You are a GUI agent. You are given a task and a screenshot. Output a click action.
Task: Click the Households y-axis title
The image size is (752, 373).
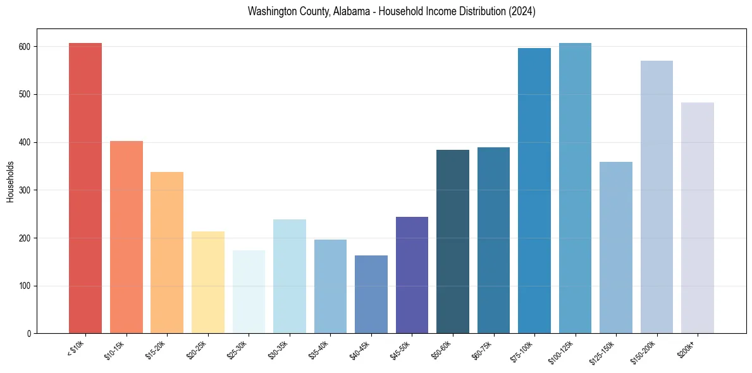tap(10, 181)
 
